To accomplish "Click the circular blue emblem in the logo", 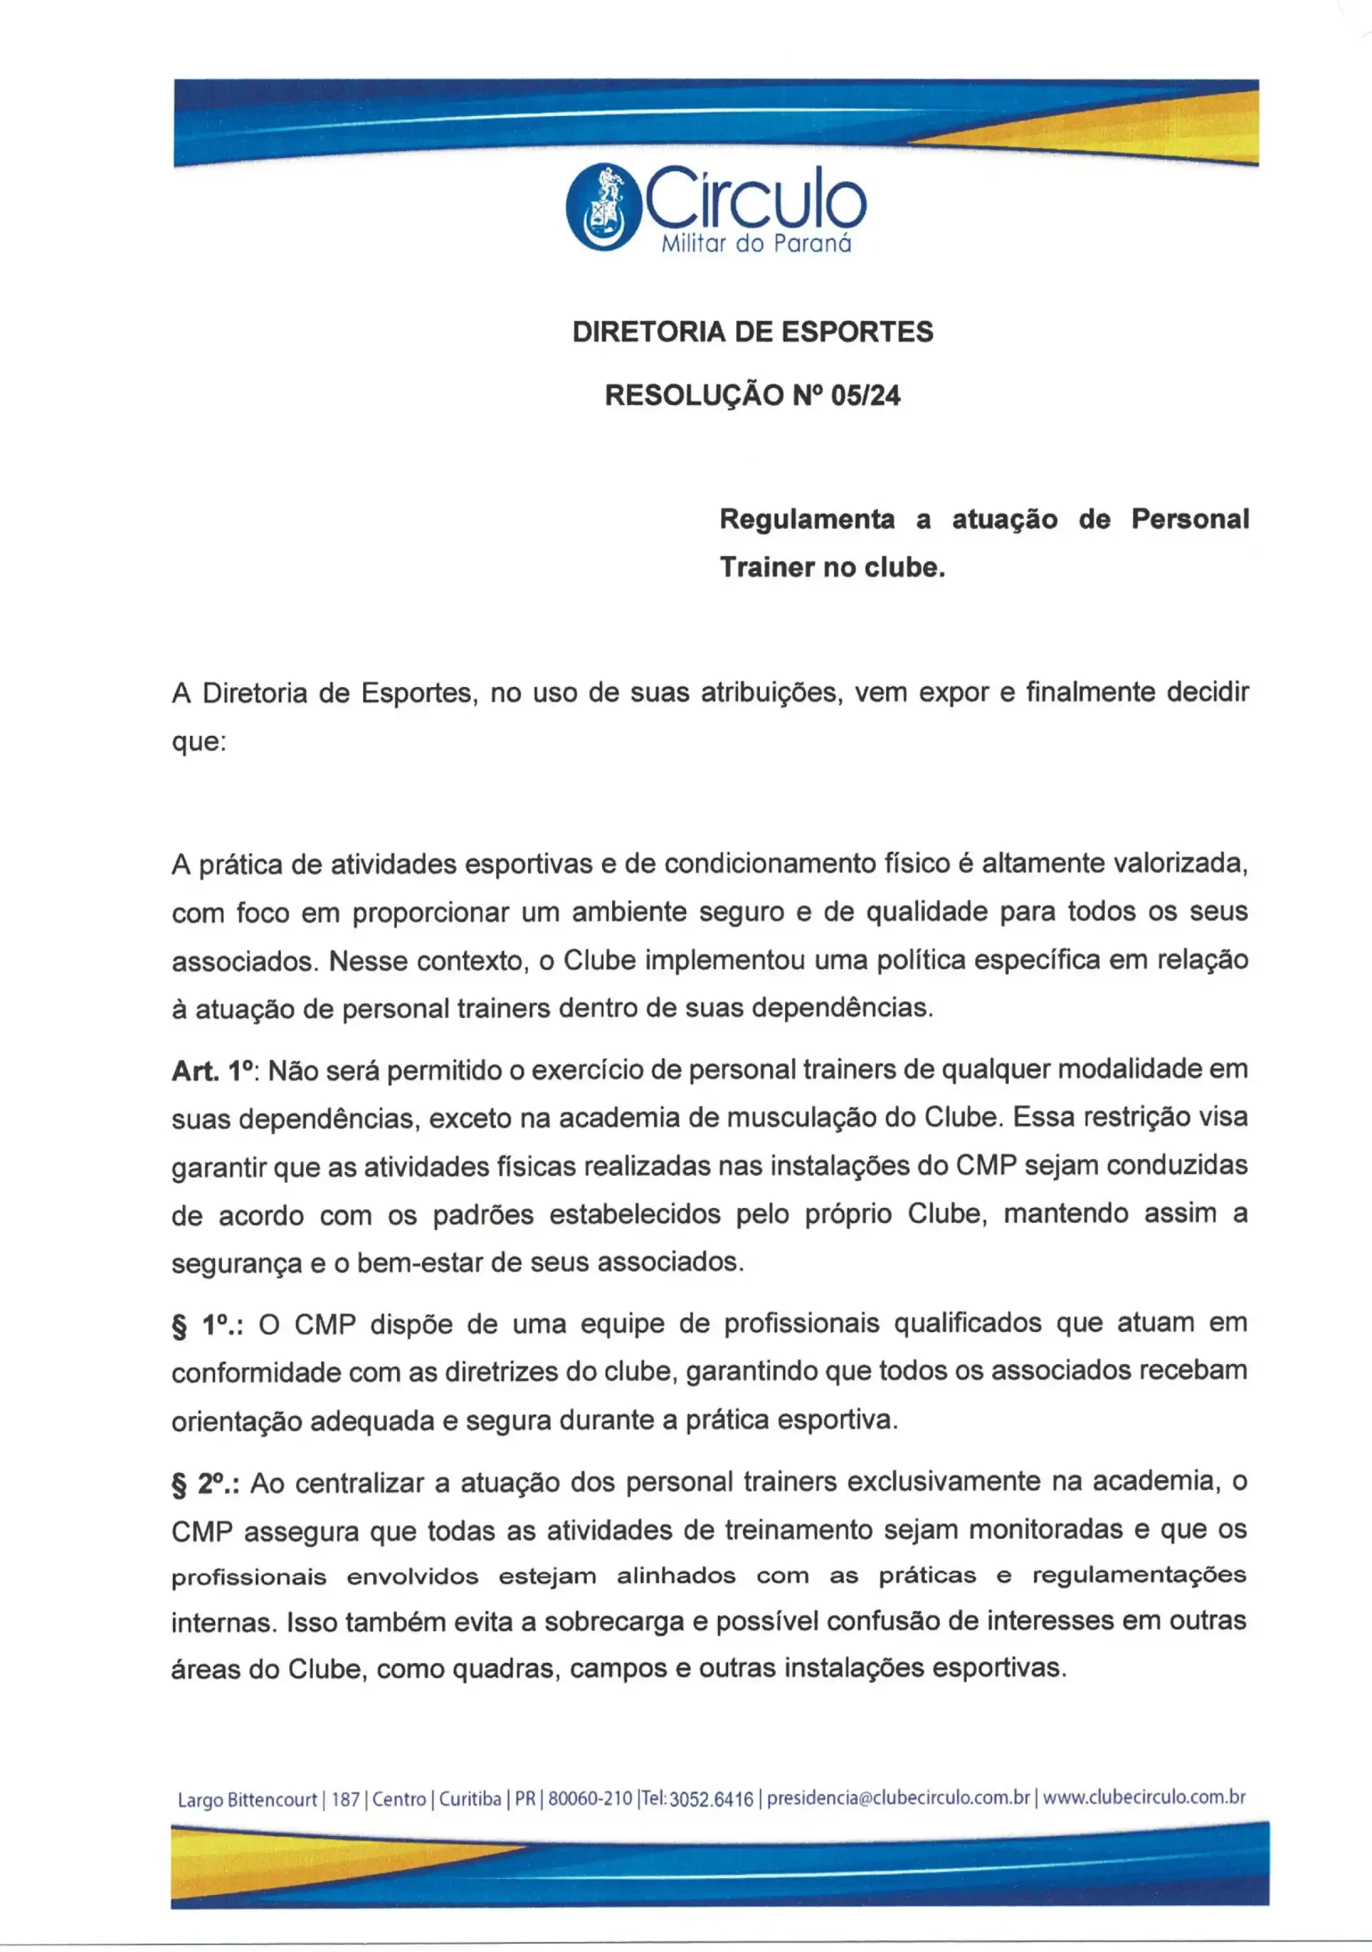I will pos(603,207).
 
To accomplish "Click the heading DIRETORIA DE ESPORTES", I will pos(752,332).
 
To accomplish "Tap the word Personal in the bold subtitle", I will pos(1189,518).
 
